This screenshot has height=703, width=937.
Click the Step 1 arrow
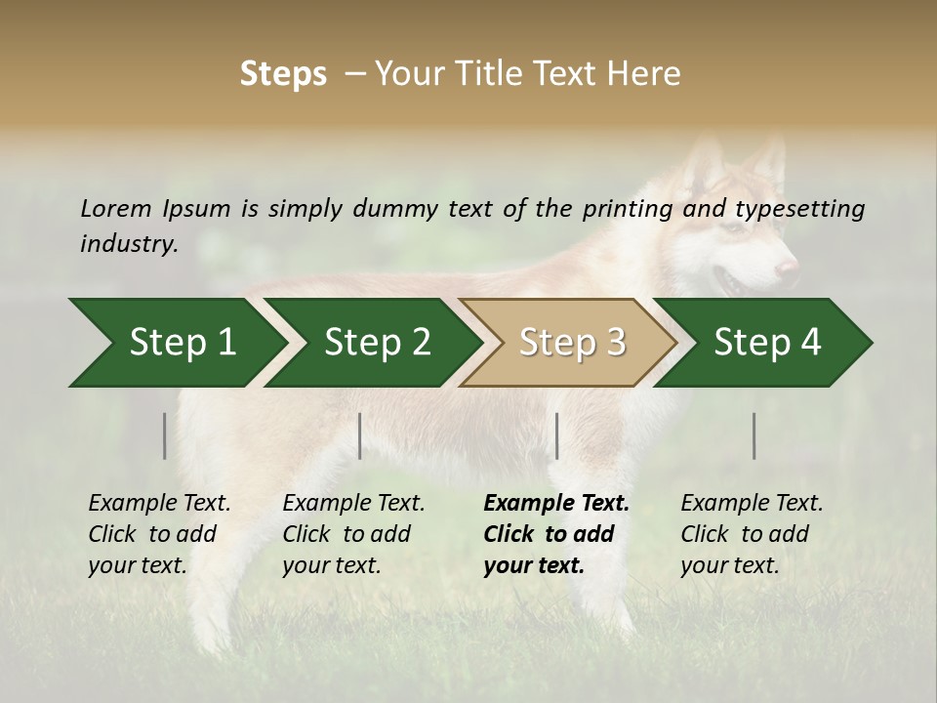[x=176, y=343]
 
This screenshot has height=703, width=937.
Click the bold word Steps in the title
[x=283, y=74]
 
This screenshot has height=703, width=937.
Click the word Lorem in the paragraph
[x=116, y=208]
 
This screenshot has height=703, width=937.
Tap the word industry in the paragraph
[x=128, y=243]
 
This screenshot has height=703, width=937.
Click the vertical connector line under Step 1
[x=165, y=435]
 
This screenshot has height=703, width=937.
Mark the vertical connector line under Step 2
[x=360, y=435]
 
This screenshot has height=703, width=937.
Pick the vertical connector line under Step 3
[x=557, y=435]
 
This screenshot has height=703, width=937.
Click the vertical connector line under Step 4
[x=754, y=435]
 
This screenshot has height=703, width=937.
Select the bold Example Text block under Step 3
[x=556, y=534]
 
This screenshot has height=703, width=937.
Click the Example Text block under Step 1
[x=159, y=534]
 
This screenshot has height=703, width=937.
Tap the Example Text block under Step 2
[x=353, y=534]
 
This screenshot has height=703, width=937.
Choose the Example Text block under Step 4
[x=752, y=534]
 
